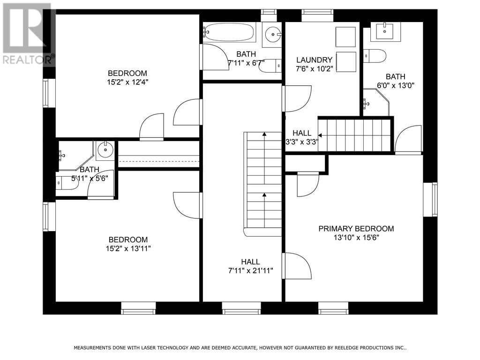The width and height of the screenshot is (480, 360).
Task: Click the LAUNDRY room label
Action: click(x=314, y=60)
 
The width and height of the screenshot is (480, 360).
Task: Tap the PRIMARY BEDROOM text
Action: click(x=356, y=229)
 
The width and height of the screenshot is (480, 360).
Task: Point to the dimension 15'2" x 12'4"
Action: click(x=127, y=82)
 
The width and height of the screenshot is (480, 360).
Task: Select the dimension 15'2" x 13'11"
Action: click(x=127, y=248)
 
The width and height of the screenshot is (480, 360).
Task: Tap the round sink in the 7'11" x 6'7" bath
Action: click(x=272, y=33)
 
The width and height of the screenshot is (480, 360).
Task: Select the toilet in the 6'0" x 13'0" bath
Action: click(x=375, y=56)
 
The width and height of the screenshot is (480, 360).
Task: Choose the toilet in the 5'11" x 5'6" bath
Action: click(x=66, y=181)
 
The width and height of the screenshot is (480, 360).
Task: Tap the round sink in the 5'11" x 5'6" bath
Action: click(x=105, y=151)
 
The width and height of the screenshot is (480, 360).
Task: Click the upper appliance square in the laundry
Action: click(x=345, y=36)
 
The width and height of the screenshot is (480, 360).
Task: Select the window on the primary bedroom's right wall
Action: click(x=430, y=200)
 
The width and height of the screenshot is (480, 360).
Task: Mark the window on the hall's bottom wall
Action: click(x=241, y=307)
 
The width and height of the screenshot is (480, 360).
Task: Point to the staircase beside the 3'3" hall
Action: click(x=355, y=135)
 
